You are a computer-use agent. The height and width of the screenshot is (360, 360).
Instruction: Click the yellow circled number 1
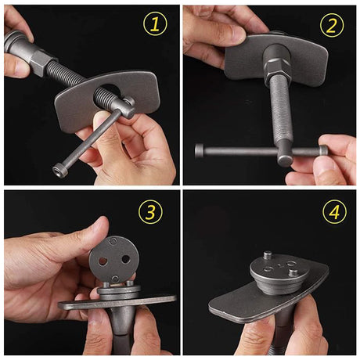pyautogui.click(x=155, y=25)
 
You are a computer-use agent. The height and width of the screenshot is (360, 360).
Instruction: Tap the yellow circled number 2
pyautogui.click(x=332, y=25)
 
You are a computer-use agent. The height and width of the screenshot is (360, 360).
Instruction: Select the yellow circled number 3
pyautogui.click(x=150, y=211)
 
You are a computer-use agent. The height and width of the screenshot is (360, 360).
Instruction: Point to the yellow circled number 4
pyautogui.click(x=335, y=211)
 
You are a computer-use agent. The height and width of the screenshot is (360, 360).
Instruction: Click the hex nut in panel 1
pyautogui.click(x=40, y=62)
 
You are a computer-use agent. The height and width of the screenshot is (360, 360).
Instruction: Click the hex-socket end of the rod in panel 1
pyautogui.click(x=58, y=171)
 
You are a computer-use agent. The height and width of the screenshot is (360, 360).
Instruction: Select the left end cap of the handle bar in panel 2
pyautogui.click(x=200, y=151)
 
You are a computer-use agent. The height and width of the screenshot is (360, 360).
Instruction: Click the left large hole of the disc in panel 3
pyautogui.click(x=103, y=261)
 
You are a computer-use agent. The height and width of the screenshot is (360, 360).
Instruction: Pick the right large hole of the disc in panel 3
pyautogui.click(x=126, y=259)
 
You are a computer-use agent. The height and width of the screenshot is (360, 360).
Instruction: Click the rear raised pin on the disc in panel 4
pyautogui.click(x=267, y=254)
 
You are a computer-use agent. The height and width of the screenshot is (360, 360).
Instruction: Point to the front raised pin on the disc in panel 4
pyautogui.click(x=293, y=274)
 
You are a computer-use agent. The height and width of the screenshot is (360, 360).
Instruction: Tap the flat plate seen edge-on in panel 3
pyautogui.click(x=117, y=302)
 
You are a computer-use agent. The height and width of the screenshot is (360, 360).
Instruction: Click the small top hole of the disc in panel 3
pyautogui.click(x=112, y=242)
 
